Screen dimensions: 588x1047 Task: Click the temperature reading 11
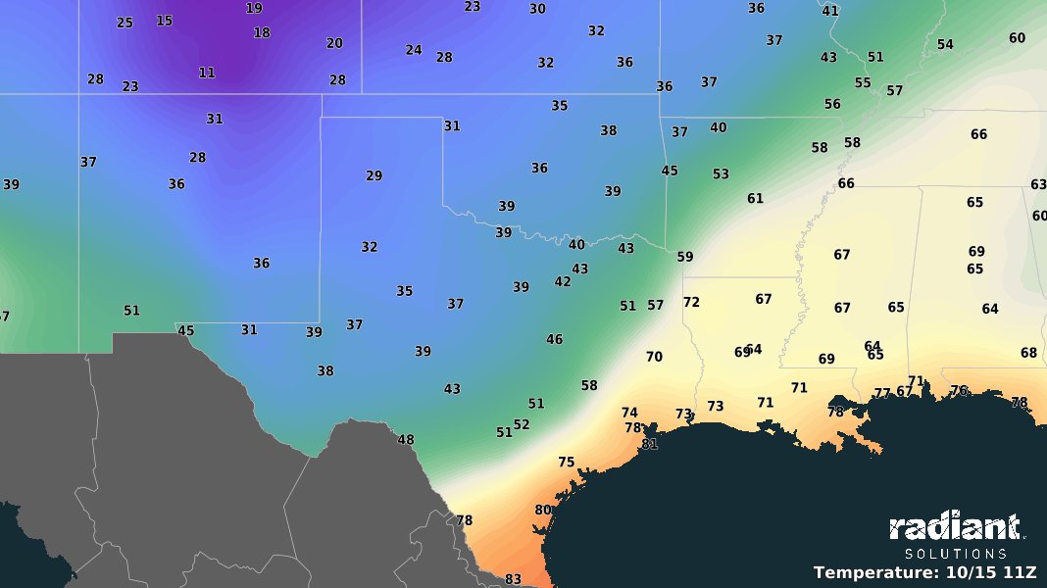[207, 73]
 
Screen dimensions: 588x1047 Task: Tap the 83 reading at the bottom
[513, 579]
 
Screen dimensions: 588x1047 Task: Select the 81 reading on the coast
[649, 444]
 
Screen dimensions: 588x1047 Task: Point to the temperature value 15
[164, 21]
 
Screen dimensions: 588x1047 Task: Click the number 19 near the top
[254, 8]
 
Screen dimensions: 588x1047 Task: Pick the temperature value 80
[543, 510]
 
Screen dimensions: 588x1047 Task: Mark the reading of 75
[567, 462]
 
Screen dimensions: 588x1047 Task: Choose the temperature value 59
[685, 257]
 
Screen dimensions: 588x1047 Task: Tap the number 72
[691, 302]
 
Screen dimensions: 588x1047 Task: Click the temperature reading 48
[406, 439]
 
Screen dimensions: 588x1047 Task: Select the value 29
[374, 175]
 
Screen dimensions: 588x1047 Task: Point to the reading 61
[755, 198]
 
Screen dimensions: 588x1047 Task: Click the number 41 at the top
[830, 11]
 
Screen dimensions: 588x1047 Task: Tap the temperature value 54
[945, 44]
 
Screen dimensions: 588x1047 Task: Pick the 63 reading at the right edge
[1038, 184]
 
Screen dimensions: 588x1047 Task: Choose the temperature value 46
[555, 339]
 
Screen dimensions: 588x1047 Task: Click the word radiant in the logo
[955, 528]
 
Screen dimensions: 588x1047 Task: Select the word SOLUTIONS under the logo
[955, 554]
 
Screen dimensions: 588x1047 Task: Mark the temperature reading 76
[959, 390]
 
